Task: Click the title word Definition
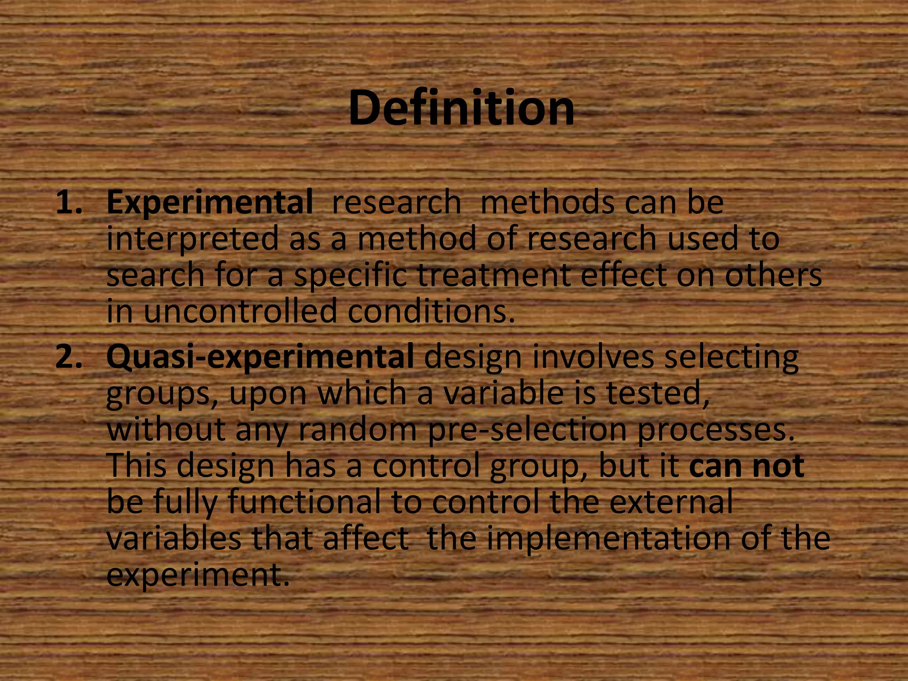click(x=461, y=108)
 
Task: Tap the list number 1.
click(x=69, y=203)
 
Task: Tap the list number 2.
click(x=69, y=357)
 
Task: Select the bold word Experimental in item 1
click(x=209, y=203)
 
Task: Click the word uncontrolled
click(x=240, y=311)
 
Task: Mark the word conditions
click(x=431, y=311)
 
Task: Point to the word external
click(x=671, y=502)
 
